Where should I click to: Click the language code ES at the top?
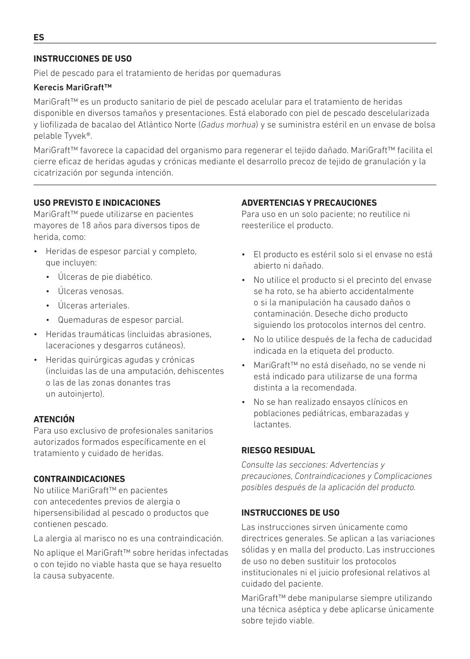click(x=39, y=38)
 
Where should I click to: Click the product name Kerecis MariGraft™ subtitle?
click(x=73, y=87)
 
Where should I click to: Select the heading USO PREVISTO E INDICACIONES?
click(x=97, y=203)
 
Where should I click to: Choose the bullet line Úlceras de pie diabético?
click(x=105, y=277)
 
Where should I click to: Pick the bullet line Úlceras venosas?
click(x=91, y=291)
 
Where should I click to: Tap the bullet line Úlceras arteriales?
click(x=93, y=306)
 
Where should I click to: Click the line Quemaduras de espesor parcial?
click(x=121, y=320)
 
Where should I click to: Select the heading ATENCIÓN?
click(x=54, y=419)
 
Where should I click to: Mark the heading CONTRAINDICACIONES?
click(x=79, y=479)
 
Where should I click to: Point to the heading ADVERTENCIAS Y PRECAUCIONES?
click(x=309, y=203)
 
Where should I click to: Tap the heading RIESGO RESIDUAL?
click(x=278, y=450)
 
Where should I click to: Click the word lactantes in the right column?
click(x=272, y=425)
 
